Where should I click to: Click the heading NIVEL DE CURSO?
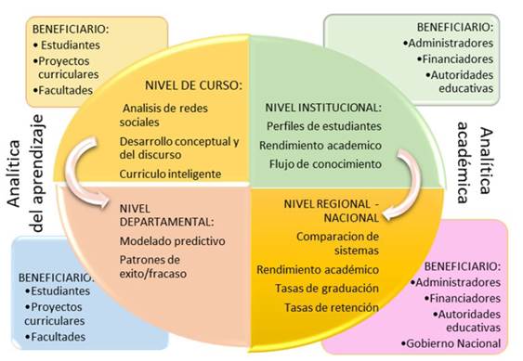coord(192,84)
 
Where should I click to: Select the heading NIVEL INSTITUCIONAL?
coord(322,107)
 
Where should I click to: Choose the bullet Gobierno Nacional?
coord(453,343)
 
